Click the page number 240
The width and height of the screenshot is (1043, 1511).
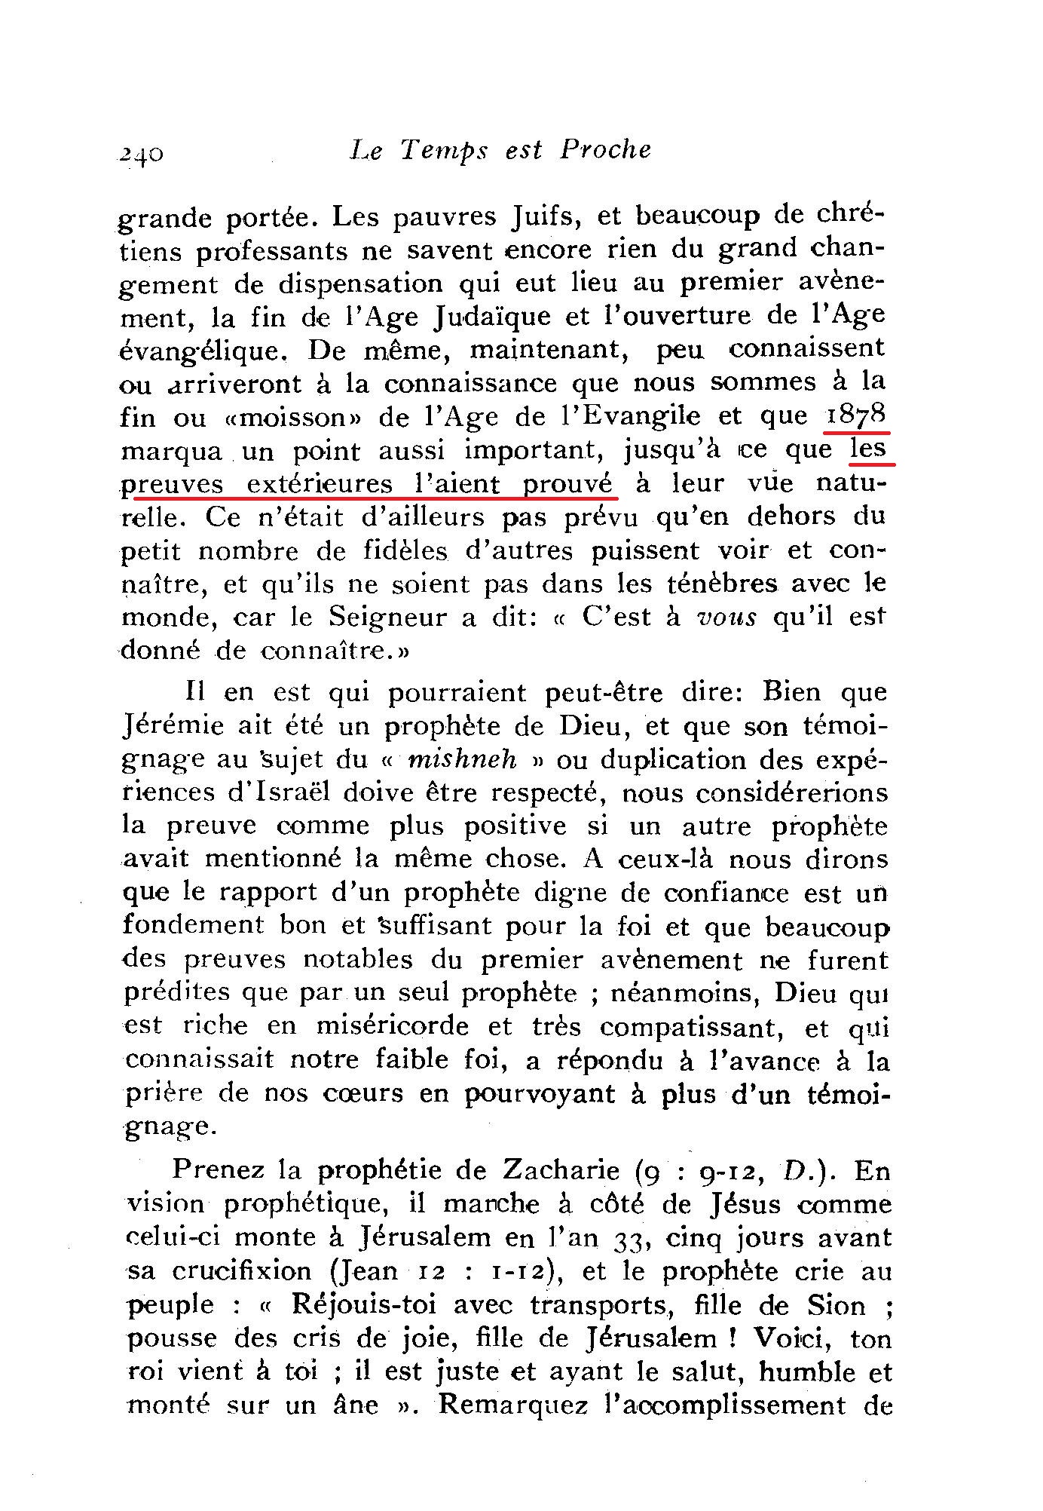141,153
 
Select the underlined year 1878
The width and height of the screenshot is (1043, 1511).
857,416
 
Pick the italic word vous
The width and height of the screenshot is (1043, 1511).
726,617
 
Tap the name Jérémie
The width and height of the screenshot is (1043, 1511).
173,726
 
